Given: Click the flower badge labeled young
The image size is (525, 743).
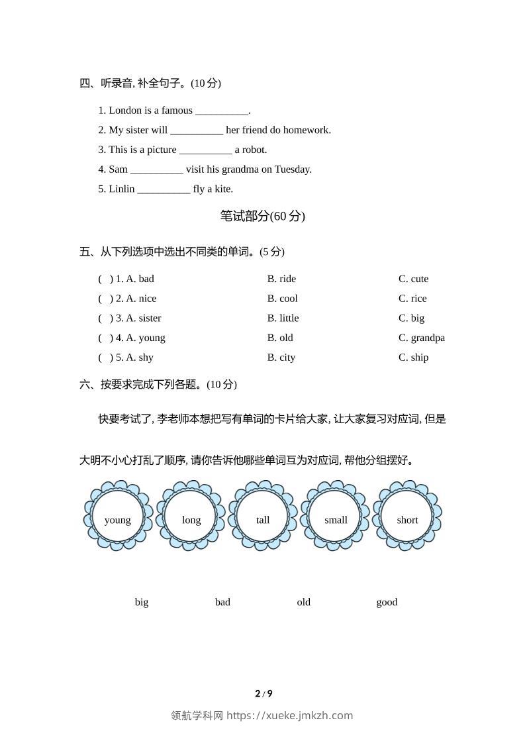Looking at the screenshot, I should (x=118, y=516).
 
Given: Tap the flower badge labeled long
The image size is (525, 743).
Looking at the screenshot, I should (x=191, y=516).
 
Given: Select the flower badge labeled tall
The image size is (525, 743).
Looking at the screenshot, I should (x=263, y=516).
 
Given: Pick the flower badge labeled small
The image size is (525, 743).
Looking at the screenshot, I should (x=336, y=516).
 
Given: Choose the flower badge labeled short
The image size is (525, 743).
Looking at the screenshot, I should (x=407, y=516).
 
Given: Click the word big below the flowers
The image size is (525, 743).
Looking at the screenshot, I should (x=142, y=602).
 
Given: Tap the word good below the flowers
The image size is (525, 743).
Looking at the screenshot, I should (x=387, y=602).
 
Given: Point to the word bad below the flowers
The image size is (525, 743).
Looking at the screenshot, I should (x=222, y=602).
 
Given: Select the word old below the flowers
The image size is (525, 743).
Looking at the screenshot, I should (x=303, y=602).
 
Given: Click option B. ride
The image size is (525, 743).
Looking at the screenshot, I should (x=281, y=279).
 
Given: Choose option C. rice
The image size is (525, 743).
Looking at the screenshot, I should (x=412, y=299).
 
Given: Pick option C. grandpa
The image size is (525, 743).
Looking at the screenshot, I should (x=421, y=338).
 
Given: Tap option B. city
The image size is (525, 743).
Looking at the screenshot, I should (x=281, y=358).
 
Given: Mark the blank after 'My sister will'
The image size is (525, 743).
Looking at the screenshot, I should (x=197, y=130).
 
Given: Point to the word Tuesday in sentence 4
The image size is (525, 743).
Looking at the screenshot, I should (x=293, y=170).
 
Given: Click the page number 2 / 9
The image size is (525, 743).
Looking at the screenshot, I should (x=263, y=694).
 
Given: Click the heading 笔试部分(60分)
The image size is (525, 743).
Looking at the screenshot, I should (x=262, y=216).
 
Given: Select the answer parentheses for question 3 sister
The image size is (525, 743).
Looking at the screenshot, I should (x=106, y=319).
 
